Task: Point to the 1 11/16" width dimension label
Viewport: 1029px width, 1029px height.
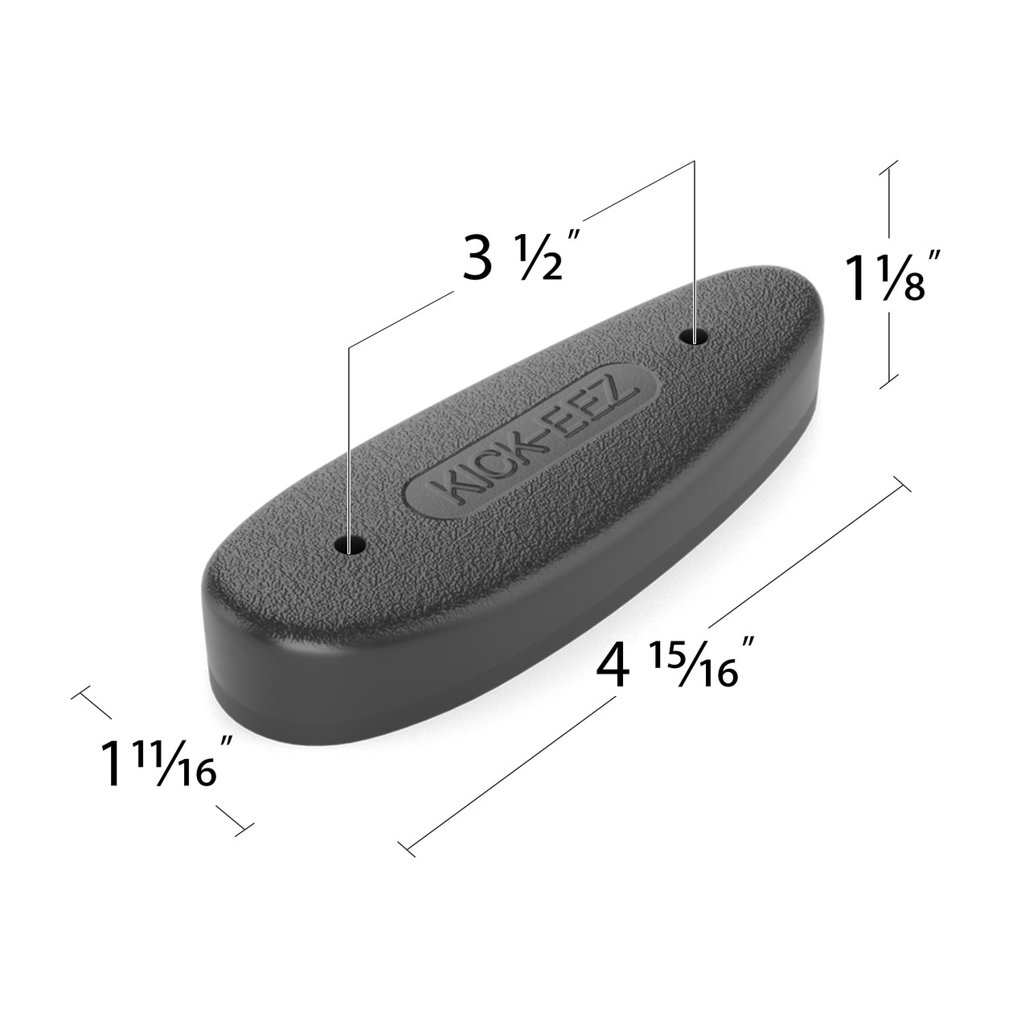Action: [158, 763]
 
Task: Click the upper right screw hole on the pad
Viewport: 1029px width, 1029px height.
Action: [694, 336]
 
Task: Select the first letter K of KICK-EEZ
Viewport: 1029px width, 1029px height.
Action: [440, 485]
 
